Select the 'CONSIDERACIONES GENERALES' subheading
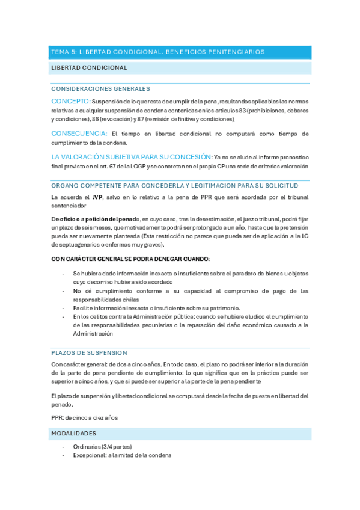pyautogui.click(x=100, y=88)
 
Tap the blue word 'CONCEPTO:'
pyautogui.click(x=71, y=101)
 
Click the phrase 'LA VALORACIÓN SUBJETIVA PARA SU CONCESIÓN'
pyautogui.click(x=131, y=156)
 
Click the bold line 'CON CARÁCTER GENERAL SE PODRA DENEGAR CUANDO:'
pyautogui.click(x=130, y=259)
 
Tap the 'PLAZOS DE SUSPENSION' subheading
pyautogui.click(x=89, y=352)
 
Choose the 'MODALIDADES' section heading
pyautogui.click(x=73, y=433)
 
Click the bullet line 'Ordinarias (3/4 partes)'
pyautogui.click(x=102, y=446)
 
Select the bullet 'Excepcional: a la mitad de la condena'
pyautogui.click(x=122, y=455)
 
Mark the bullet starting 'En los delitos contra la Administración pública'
pyautogui.click(x=191, y=316)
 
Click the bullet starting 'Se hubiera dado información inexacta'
pyautogui.click(x=191, y=273)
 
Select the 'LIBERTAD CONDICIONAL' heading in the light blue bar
pyautogui.click(x=89, y=68)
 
